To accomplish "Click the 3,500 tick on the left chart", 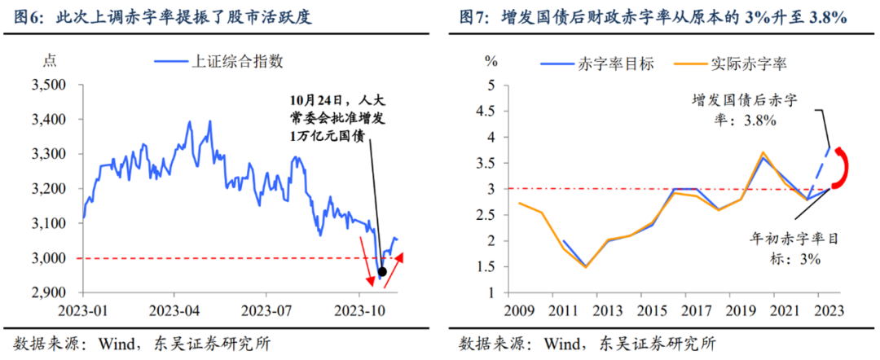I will pyautogui.click(x=50, y=85).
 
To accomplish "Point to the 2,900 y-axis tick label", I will pyautogui.click(x=50, y=292).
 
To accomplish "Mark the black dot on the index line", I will pyautogui.click(x=383, y=271).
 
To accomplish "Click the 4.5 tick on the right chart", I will pyautogui.click(x=491, y=111).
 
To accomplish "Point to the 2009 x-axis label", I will pyautogui.click(x=518, y=311).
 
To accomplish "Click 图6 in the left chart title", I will pyautogui.click(x=27, y=16).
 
